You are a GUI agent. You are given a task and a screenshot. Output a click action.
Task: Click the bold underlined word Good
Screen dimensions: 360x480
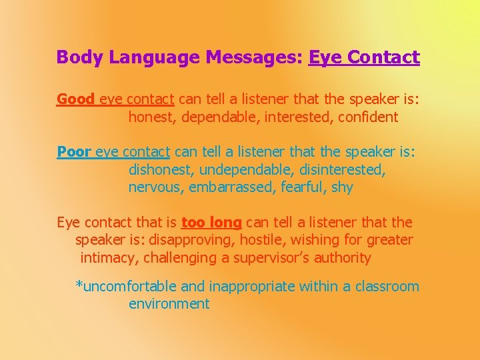(75, 99)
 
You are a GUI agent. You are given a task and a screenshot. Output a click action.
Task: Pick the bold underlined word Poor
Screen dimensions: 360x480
(75, 152)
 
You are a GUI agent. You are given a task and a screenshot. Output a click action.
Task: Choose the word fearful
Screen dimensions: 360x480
(302, 187)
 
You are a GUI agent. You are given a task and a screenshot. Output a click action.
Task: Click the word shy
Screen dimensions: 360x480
(342, 187)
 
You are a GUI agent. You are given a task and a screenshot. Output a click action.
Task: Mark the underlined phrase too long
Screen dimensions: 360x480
(211, 223)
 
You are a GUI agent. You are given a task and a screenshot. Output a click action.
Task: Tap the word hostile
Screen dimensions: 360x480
(266, 240)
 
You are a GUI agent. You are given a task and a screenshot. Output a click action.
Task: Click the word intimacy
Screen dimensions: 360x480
(107, 258)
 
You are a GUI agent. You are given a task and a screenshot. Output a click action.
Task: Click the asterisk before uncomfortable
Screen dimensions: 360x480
(79, 285)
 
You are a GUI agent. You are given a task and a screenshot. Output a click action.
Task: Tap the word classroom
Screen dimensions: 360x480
(387, 287)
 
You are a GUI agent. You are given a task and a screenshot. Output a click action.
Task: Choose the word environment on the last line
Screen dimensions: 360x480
(169, 304)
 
